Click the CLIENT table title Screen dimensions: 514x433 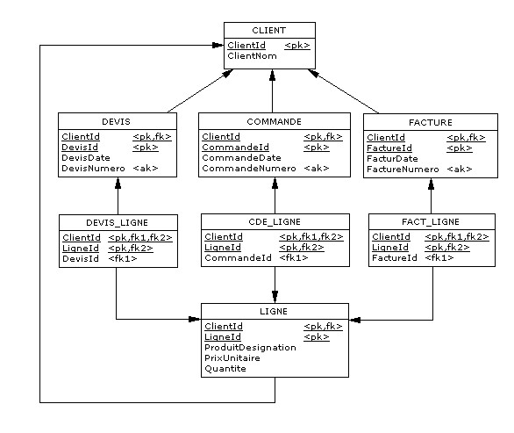268,31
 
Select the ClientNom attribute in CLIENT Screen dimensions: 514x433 252,56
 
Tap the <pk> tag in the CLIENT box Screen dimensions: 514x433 297,46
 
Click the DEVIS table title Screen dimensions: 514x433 116,122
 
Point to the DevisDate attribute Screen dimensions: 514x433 86,158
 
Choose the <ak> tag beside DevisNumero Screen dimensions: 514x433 146,169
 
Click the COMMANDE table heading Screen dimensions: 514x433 274,122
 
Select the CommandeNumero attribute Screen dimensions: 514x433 249,169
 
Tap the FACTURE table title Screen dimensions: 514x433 431,123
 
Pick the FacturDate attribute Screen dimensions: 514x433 392,159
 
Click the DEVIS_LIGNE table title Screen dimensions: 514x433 117,223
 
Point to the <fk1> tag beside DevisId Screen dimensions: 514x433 123,259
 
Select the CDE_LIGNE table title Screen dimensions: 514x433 275,222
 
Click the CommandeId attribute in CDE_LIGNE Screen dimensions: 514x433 238,258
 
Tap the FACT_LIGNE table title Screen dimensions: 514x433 431,222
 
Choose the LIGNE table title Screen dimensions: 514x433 274,312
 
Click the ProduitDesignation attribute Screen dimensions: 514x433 251,348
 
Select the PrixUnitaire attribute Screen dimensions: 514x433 232,358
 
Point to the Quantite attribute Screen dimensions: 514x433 225,369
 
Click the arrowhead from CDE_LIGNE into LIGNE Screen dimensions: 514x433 275,297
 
